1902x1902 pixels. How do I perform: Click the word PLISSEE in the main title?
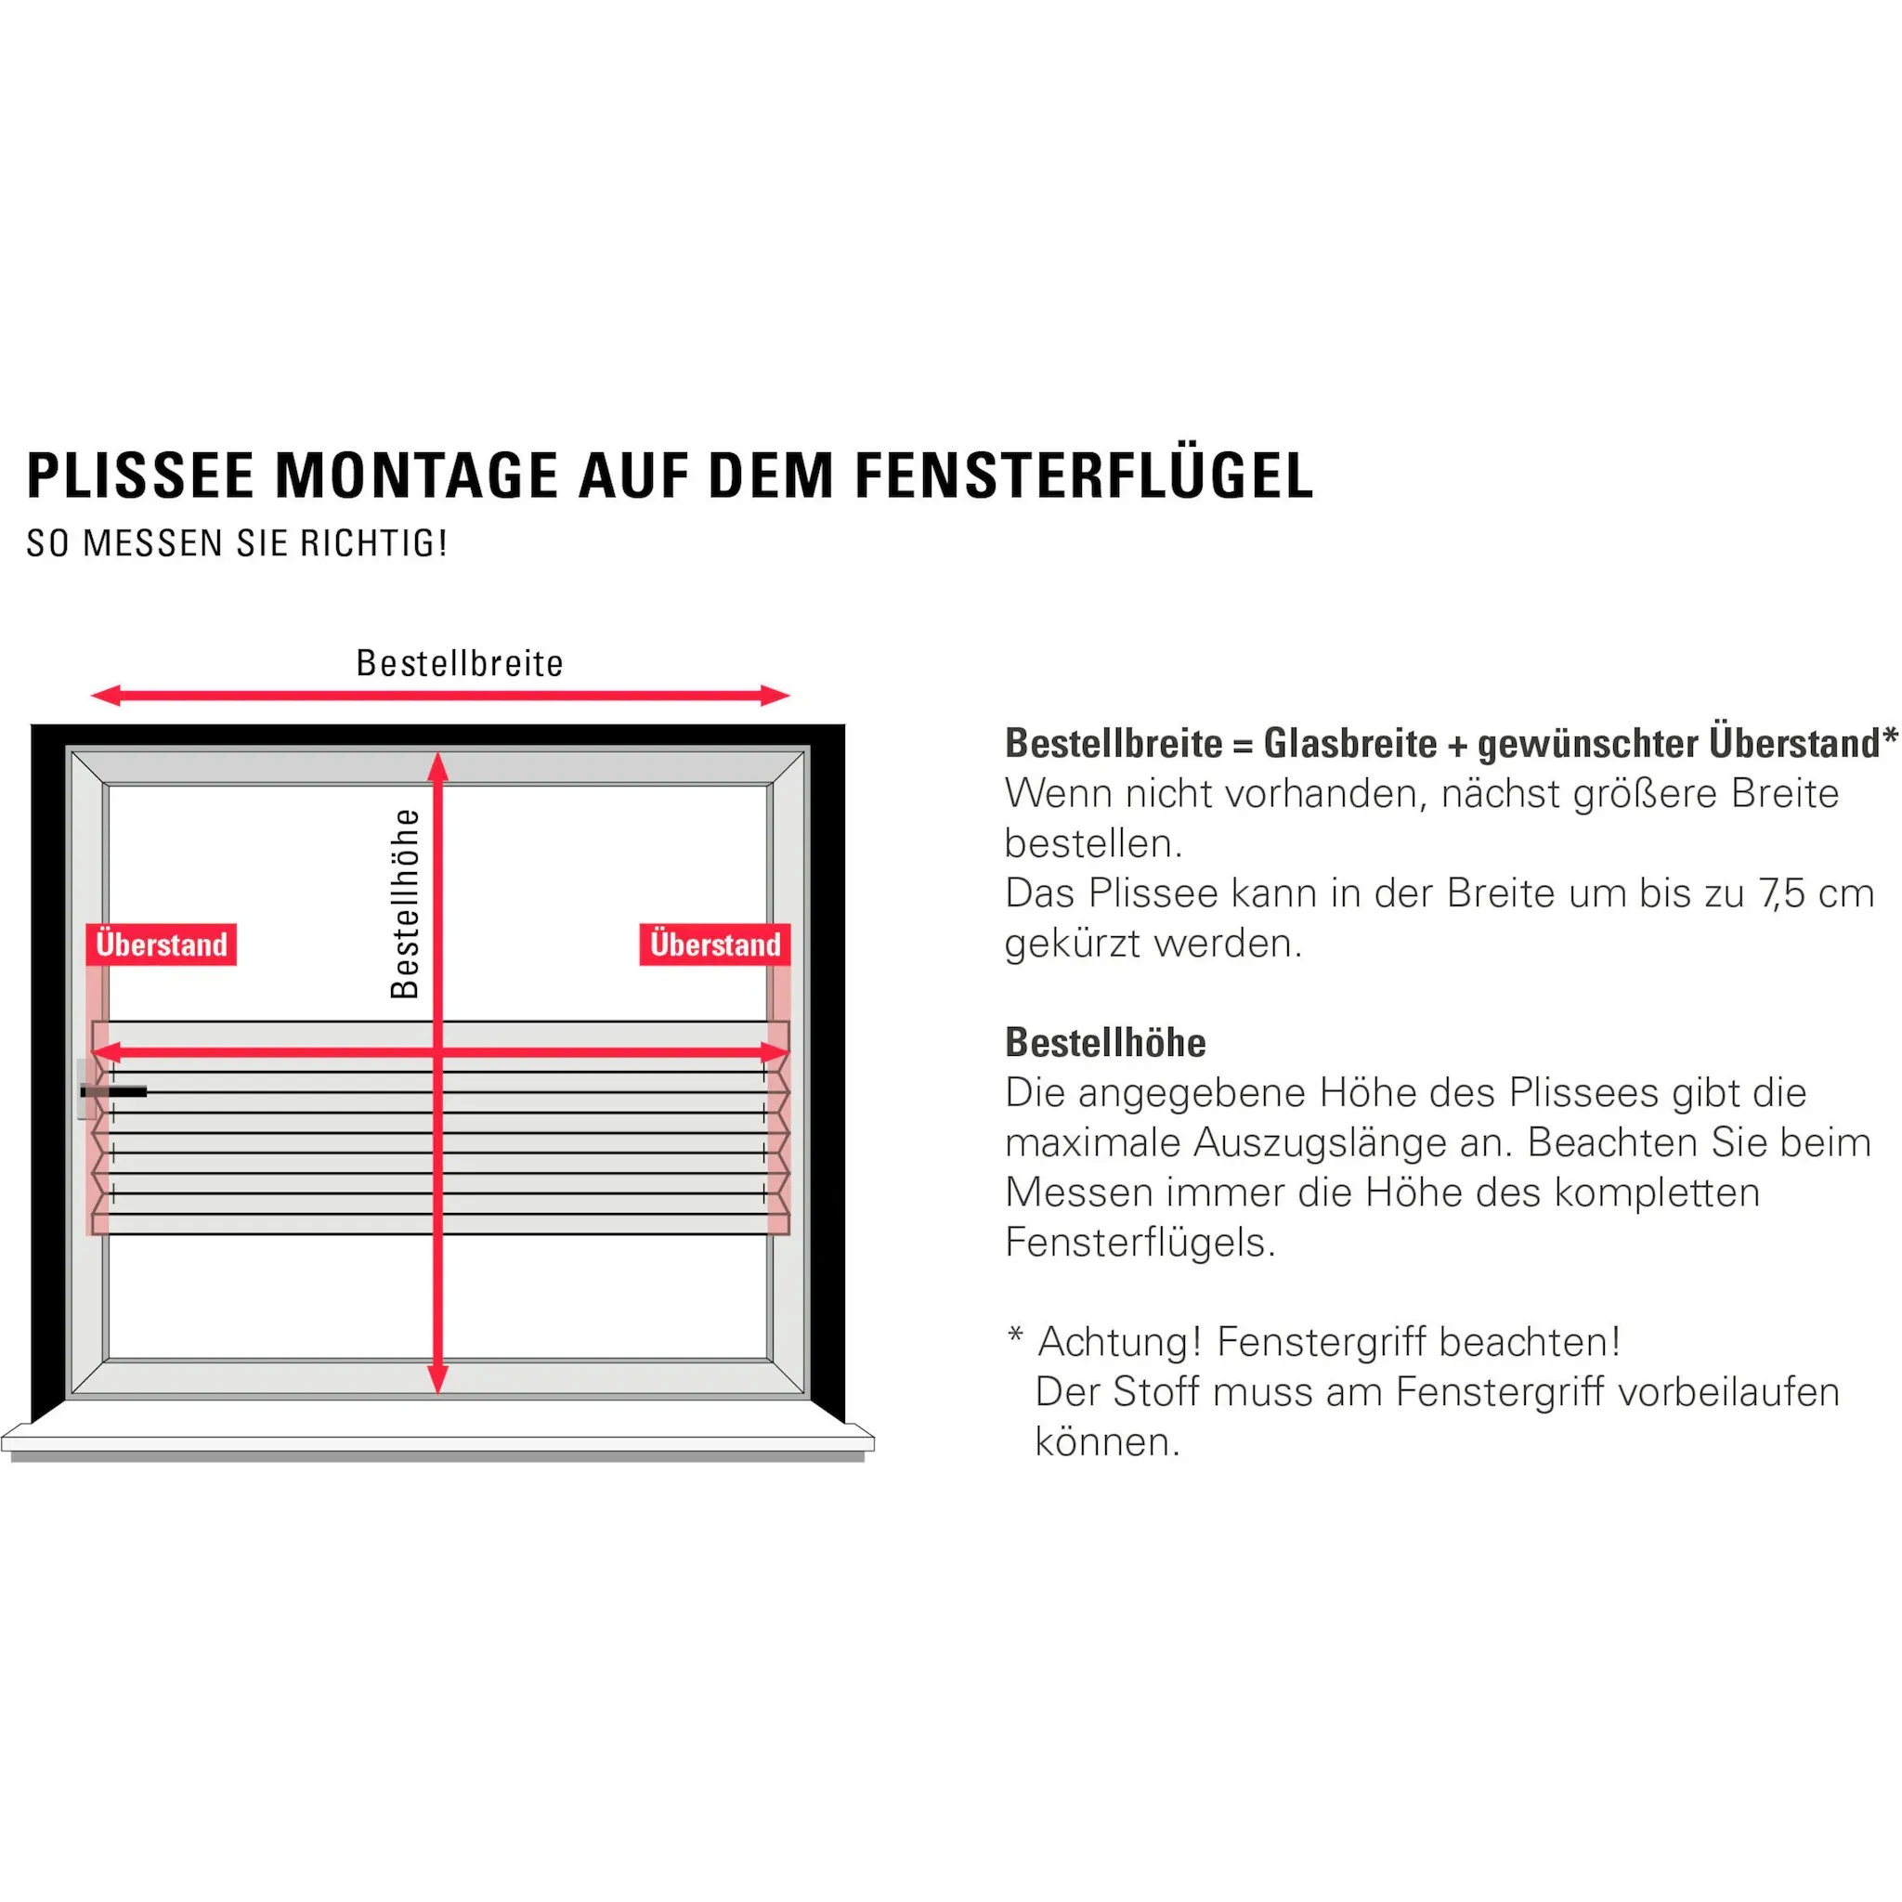(x=141, y=475)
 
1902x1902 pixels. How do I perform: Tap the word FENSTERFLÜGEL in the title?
(x=1084, y=475)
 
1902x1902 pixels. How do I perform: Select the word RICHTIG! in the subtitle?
(x=374, y=543)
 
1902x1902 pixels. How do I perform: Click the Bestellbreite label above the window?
(x=460, y=663)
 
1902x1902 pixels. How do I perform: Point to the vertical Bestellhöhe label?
(x=405, y=904)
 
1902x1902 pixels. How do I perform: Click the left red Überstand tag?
(x=162, y=944)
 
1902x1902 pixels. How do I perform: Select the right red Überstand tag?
(x=715, y=944)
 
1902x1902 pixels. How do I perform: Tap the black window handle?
(x=114, y=1092)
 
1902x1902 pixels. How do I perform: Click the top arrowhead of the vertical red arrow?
(x=438, y=769)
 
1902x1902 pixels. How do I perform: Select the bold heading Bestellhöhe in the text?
(x=1104, y=1043)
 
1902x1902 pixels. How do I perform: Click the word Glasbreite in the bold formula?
(x=1349, y=743)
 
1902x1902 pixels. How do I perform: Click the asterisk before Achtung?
(x=1015, y=1335)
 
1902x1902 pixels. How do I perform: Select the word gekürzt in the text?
(x=1071, y=944)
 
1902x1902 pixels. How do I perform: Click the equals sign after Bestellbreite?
(x=1243, y=745)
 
